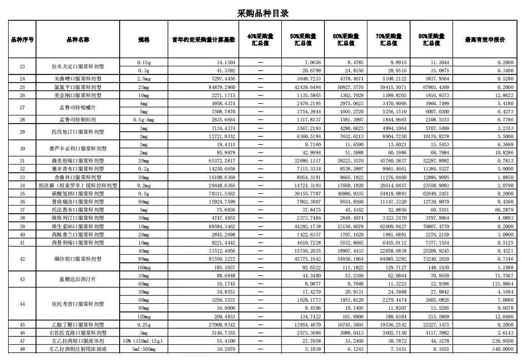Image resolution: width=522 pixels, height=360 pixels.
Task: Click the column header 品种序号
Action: tap(22, 39)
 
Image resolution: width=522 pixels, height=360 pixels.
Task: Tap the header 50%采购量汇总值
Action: tap(303, 39)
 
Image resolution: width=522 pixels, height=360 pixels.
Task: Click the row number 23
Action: tap(22, 66)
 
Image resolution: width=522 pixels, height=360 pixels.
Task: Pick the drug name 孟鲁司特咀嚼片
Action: tap(79, 107)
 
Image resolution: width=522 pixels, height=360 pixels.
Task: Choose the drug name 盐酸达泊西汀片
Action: tap(79, 279)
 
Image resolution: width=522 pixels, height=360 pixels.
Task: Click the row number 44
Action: tap(22, 304)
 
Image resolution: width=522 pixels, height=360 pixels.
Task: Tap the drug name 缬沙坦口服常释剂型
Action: tap(79, 259)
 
